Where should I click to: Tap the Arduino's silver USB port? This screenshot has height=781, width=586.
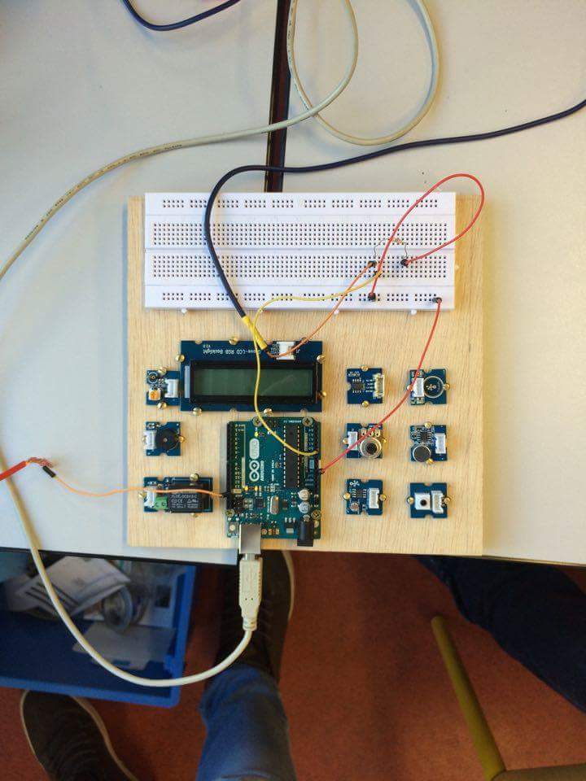pos(245,533)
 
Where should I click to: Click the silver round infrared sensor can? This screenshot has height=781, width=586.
pos(370,445)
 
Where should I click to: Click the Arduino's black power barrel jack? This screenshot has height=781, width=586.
pos(307,533)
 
